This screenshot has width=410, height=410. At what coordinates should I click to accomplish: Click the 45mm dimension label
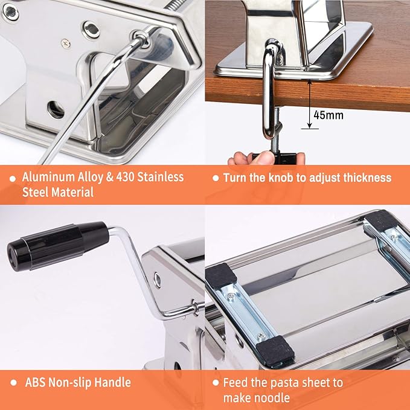(328, 115)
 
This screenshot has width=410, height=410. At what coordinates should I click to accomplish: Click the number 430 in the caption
(125, 177)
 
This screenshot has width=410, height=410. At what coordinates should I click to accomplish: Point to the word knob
(281, 178)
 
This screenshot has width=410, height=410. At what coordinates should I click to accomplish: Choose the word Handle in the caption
(112, 382)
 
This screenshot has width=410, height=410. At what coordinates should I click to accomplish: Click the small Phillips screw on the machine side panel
(65, 43)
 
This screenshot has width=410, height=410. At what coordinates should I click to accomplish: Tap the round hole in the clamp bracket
(56, 109)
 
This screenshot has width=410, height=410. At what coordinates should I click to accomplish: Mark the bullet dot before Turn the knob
(216, 178)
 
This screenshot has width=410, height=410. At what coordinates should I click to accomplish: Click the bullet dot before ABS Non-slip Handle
(13, 383)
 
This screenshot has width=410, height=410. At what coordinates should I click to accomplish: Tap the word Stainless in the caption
(161, 177)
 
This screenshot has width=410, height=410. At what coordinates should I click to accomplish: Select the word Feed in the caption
(235, 383)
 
